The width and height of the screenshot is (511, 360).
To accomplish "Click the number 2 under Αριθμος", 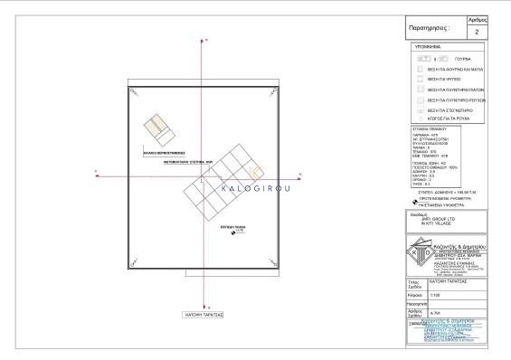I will click(x=478, y=31).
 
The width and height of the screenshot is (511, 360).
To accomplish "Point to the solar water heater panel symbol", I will click(x=159, y=132).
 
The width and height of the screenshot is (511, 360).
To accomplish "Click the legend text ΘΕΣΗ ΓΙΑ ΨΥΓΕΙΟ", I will click(x=443, y=80).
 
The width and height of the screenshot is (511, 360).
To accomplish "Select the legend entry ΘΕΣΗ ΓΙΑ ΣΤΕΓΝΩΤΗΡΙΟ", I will click(x=450, y=110).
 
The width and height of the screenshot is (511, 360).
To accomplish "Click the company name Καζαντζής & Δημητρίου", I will click(x=462, y=245).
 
